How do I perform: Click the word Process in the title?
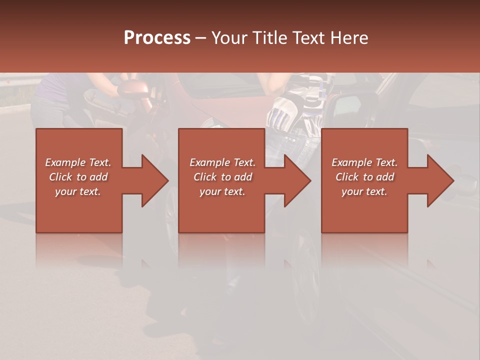pos(157,38)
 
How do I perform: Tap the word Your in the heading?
pos(229,38)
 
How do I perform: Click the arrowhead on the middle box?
pos(297,180)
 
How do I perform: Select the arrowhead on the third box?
pos(439,180)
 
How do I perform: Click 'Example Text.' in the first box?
pos(78,162)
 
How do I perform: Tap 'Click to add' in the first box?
pos(78,177)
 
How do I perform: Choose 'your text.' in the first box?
pos(78,191)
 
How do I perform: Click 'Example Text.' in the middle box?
pos(222,162)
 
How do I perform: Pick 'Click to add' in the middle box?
pos(222,177)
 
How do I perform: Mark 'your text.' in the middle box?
pos(222,191)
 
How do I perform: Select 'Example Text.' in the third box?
pos(364,162)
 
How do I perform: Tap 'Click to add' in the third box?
pos(364,177)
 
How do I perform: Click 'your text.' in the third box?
pos(364,191)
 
